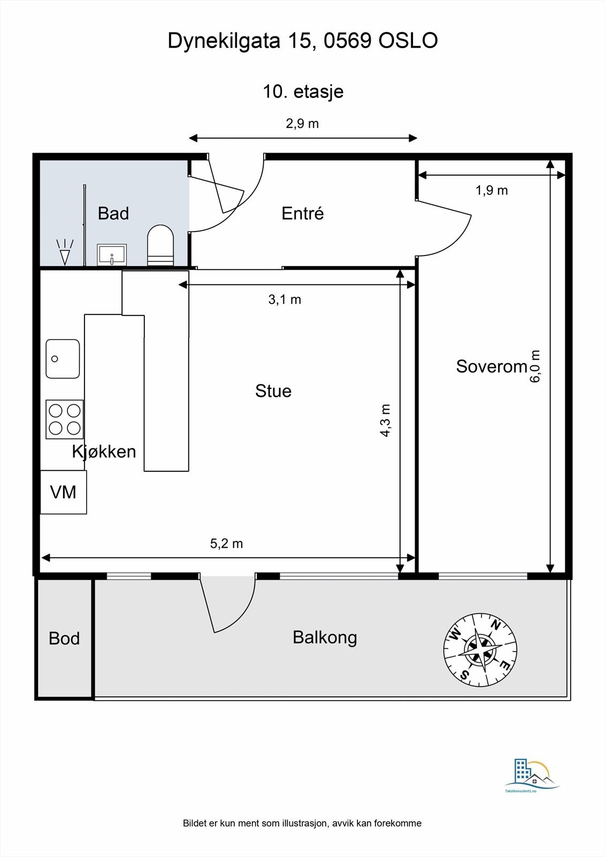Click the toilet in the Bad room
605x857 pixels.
(x=160, y=245)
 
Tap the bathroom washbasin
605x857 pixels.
(x=112, y=255)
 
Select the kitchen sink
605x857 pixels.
(x=63, y=358)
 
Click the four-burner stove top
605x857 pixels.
(x=65, y=419)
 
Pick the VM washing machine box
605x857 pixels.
(x=64, y=492)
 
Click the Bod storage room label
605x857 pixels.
(x=64, y=638)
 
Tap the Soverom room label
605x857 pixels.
(x=492, y=366)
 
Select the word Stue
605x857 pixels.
(x=273, y=391)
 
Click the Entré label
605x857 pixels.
(x=303, y=213)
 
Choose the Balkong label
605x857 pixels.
(x=325, y=638)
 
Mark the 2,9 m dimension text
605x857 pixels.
(x=302, y=124)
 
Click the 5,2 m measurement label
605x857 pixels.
(x=227, y=543)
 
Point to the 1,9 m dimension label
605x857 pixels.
(x=492, y=190)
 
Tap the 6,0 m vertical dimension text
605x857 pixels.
(x=535, y=366)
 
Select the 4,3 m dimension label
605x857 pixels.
(x=385, y=420)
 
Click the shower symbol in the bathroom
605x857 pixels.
(x=65, y=252)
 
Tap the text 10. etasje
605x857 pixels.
(x=303, y=92)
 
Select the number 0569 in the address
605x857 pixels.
(x=348, y=41)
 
